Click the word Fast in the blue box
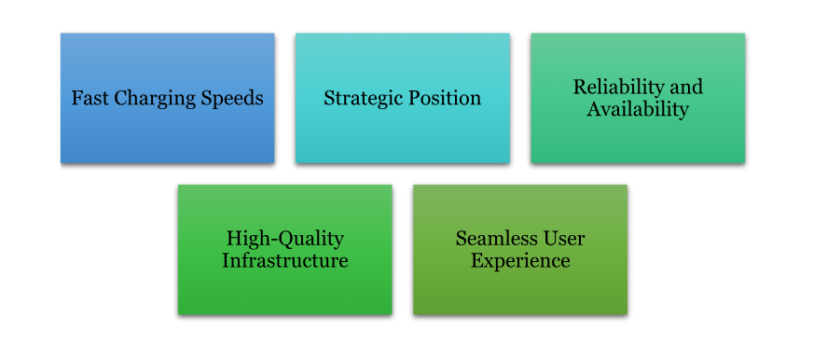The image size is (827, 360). point(90,98)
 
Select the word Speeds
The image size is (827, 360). point(234,99)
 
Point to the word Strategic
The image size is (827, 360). point(361,99)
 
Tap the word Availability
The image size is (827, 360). point(638,110)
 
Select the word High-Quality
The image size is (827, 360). point(284,239)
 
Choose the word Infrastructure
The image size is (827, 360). point(284,261)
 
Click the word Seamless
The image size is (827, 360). point(492,239)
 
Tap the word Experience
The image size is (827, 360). point(520,262)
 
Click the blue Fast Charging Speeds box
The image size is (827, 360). point(167,98)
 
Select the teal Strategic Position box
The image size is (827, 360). point(403,98)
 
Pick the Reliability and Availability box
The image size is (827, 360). point(638,98)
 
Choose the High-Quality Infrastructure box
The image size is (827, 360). point(284,250)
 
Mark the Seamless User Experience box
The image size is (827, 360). point(520,250)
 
